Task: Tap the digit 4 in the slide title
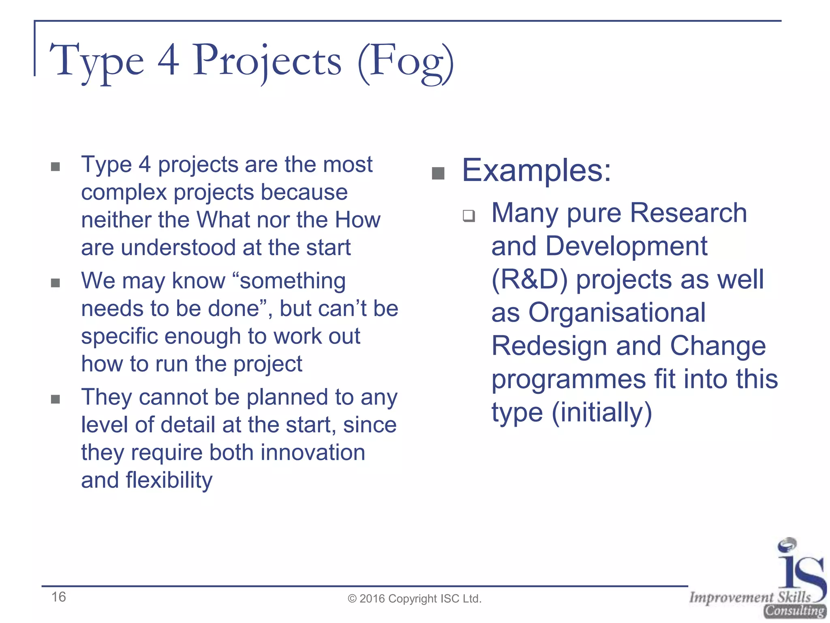pos(168,61)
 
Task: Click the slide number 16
pos(58,597)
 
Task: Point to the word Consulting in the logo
pos(795,611)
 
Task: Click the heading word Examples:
pos(536,170)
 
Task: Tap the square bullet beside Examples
pos(438,173)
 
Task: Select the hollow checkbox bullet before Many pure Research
pos(469,215)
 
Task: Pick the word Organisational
pos(617,313)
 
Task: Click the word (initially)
pos(602,412)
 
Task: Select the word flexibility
pos(169,480)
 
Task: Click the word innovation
pos(312,453)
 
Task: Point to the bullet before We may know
pos(56,283)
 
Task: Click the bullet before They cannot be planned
pos(56,400)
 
